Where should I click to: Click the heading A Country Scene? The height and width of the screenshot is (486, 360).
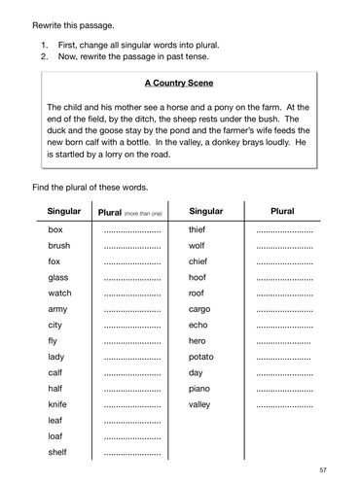coord(178,85)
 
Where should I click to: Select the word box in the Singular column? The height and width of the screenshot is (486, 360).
coord(54,230)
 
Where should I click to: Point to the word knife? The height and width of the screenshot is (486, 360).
coord(57,404)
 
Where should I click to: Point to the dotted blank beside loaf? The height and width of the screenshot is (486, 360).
coord(131,436)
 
